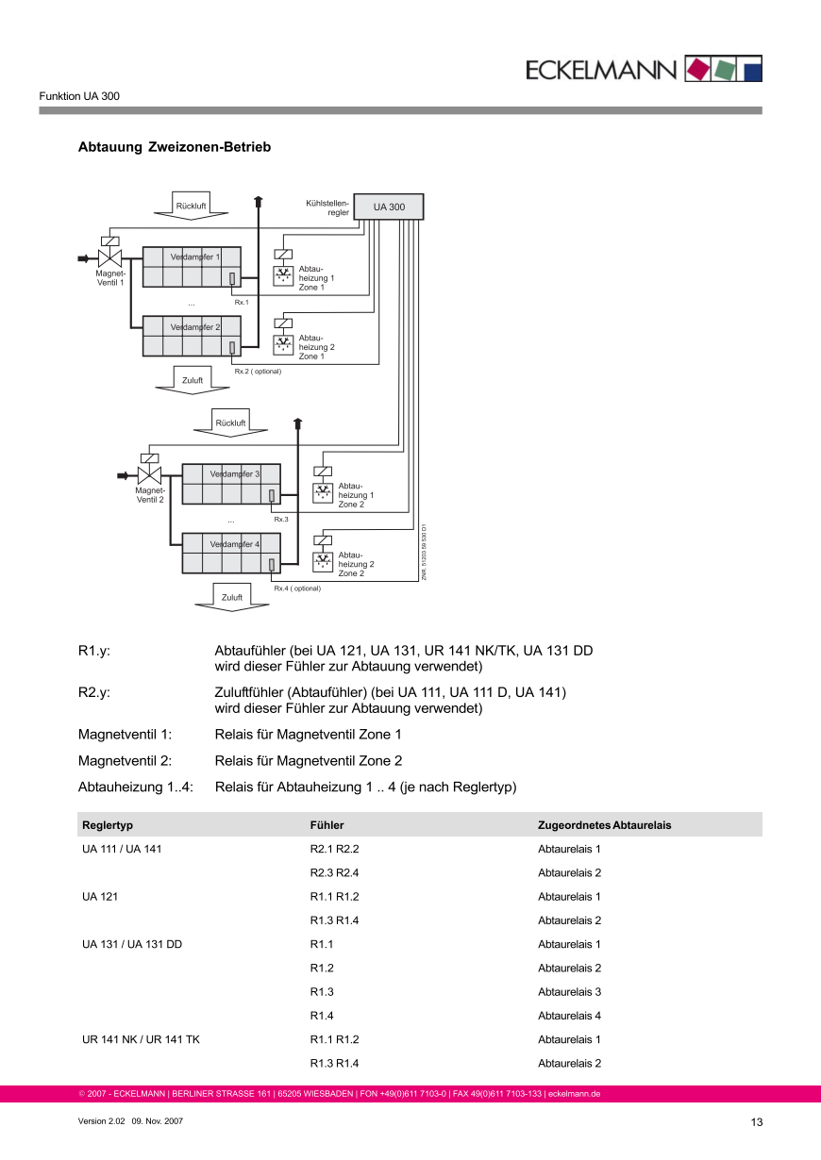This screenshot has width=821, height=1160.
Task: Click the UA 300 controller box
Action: [389, 207]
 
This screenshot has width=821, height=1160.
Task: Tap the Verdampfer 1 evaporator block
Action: [192, 267]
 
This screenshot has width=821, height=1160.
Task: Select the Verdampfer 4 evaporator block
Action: [231, 554]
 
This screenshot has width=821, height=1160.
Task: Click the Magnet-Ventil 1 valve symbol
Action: [110, 257]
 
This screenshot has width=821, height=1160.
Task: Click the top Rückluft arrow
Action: [192, 206]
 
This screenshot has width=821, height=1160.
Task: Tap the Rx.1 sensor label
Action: [242, 302]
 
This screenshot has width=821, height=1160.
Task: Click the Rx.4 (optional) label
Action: [297, 588]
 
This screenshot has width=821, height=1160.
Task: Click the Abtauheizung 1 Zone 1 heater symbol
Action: [283, 274]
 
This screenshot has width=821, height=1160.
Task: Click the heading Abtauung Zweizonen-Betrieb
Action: [175, 147]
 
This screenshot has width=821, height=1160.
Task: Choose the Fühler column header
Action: [327, 825]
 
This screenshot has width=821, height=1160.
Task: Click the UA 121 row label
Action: [99, 897]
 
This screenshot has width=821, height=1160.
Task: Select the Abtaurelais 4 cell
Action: [569, 1016]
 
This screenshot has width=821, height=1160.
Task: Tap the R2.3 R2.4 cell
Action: [334, 873]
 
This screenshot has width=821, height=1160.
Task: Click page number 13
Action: [756, 1122]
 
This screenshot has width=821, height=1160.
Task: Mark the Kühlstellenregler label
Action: [327, 207]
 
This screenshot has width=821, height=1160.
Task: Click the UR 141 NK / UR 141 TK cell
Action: [141, 1039]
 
